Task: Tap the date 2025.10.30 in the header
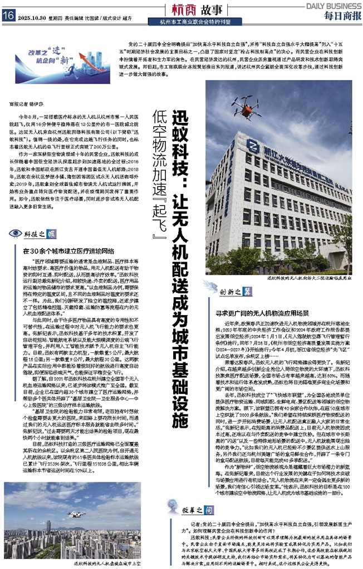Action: pos(33,17)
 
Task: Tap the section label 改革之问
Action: pos(183,507)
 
